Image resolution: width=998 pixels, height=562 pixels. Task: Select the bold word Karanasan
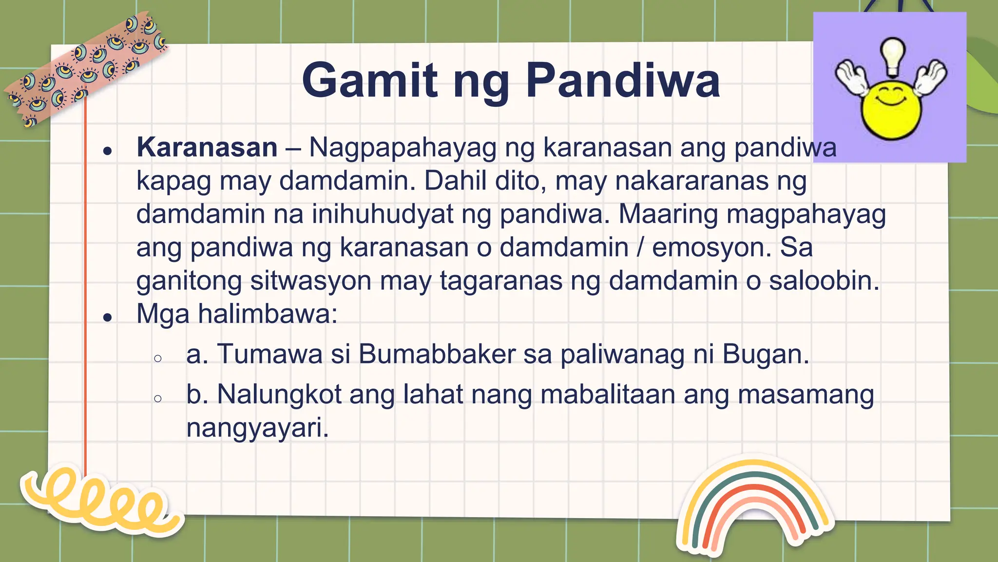[207, 147]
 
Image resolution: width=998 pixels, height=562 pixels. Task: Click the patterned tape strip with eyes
[85, 68]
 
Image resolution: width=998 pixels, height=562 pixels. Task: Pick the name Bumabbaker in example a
[437, 354]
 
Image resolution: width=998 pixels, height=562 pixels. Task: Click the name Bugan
[765, 354]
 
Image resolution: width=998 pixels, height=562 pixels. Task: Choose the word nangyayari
[257, 428]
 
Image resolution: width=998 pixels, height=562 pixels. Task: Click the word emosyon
[711, 247]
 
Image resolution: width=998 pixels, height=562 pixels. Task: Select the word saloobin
[824, 281]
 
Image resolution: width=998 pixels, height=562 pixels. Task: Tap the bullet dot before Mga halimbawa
[108, 318]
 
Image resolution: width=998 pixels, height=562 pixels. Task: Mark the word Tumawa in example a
[269, 354]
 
